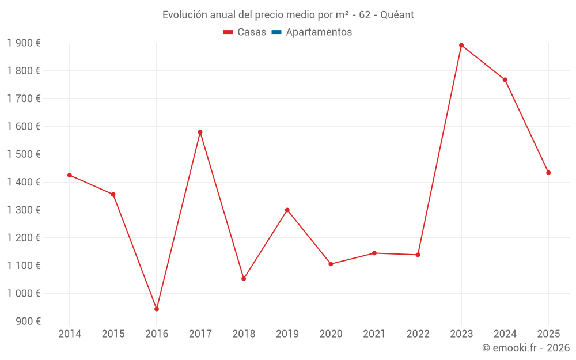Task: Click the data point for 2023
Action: (x=461, y=45)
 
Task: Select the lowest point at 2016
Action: (x=157, y=309)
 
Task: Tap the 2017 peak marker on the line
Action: (x=200, y=132)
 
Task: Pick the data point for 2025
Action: (x=548, y=173)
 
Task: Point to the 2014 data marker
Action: (x=70, y=175)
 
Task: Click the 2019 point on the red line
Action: (x=287, y=210)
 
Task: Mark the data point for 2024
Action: (x=505, y=79)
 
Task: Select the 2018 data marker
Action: (x=244, y=279)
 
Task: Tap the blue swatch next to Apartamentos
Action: (x=276, y=32)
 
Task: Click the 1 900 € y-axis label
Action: (x=24, y=43)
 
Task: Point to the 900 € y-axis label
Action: (x=28, y=321)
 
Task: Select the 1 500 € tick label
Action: (x=24, y=154)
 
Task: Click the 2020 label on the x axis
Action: (x=331, y=334)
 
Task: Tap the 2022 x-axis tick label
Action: (x=418, y=334)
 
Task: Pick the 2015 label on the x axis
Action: (x=113, y=334)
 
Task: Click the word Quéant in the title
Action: (x=397, y=15)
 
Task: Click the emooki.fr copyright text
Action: (x=526, y=348)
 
